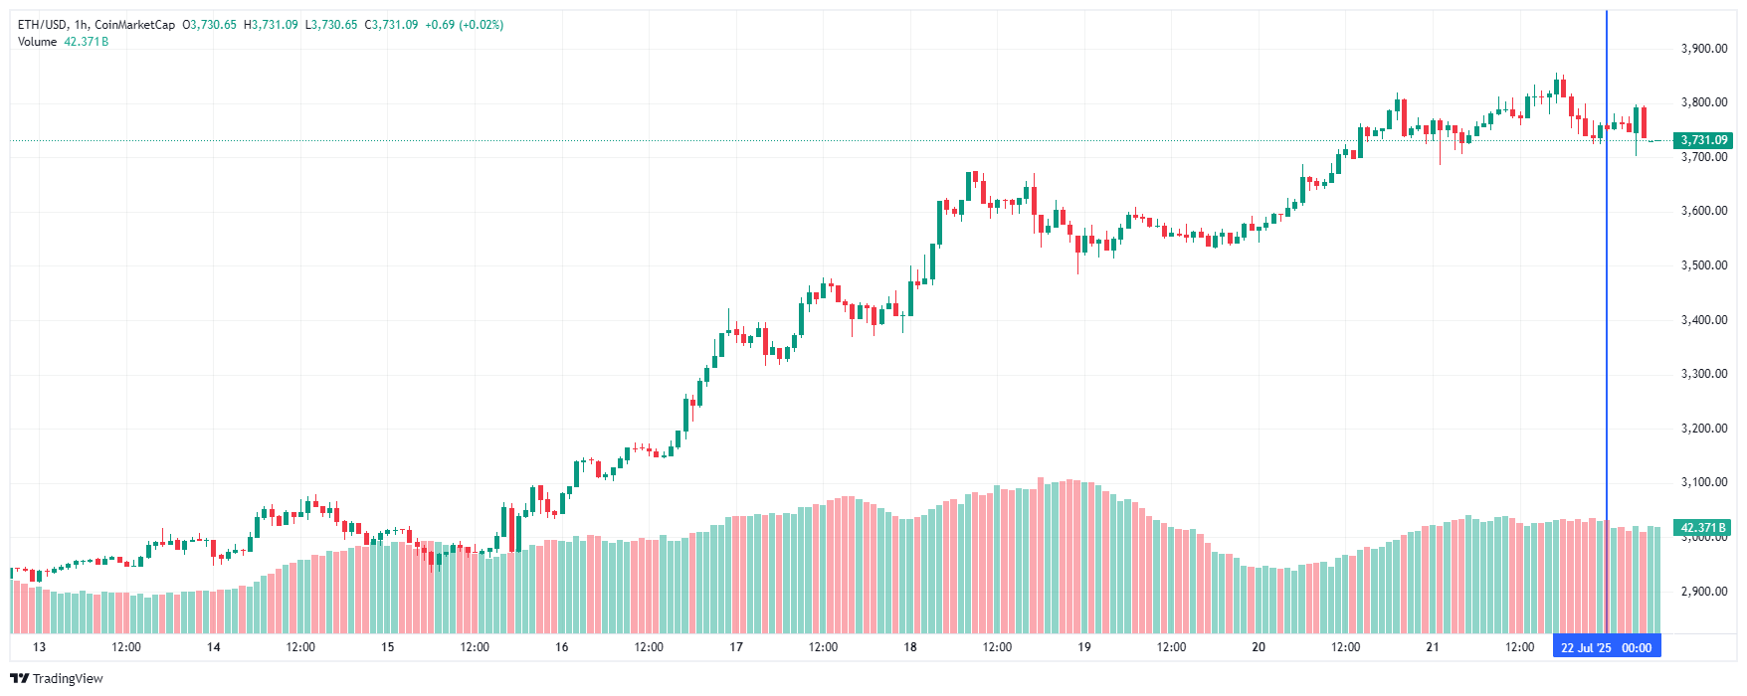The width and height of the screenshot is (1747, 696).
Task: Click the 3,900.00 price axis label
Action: [x=1703, y=49]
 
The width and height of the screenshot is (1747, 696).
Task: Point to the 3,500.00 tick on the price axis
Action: [x=1703, y=265]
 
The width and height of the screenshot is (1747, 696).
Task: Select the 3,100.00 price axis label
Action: [x=1703, y=482]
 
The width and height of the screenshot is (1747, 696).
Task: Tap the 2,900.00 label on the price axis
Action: [x=1703, y=592]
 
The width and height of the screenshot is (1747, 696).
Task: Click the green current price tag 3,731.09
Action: [x=1703, y=140]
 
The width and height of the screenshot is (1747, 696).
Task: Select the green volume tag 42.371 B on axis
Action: [x=1703, y=528]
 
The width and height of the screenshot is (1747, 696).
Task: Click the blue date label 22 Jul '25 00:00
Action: [x=1606, y=648]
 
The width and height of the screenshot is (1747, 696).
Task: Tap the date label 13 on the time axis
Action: [x=39, y=647]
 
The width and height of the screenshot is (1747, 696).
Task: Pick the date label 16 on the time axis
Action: [x=562, y=647]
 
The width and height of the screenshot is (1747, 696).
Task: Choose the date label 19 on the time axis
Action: [x=1084, y=647]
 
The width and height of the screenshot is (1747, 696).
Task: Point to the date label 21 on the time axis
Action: [x=1433, y=647]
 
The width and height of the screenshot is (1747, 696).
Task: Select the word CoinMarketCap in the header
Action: [x=134, y=25]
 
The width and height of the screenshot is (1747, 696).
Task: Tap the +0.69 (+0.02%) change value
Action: [x=464, y=25]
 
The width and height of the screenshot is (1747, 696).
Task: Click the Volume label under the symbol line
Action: [x=37, y=42]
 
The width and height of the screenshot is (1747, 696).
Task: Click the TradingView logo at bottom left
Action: [x=57, y=678]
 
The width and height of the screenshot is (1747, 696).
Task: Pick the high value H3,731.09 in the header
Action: [x=271, y=25]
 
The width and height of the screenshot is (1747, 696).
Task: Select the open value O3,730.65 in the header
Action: [x=209, y=25]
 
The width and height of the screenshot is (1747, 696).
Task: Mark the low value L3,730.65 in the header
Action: [x=330, y=25]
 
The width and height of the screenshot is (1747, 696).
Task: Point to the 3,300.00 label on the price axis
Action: [x=1703, y=374]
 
